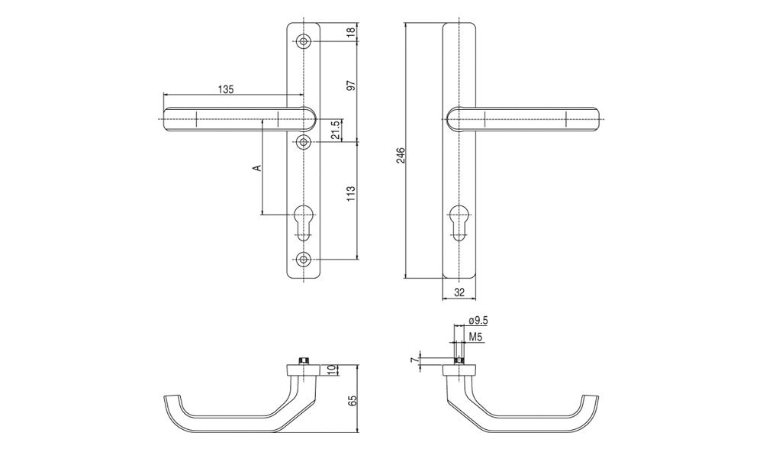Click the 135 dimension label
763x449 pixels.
(x=226, y=89)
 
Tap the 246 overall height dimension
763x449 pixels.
(x=401, y=155)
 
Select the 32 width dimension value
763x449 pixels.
(x=459, y=292)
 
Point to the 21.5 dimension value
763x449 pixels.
(x=335, y=130)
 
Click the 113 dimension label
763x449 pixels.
(x=353, y=194)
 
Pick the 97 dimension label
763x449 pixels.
(x=353, y=85)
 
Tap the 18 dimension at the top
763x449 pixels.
(x=353, y=33)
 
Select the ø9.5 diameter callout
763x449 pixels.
(x=478, y=321)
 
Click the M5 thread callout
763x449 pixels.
(x=475, y=337)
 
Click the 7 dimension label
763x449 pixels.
(x=414, y=360)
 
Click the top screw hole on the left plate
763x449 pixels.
(x=304, y=42)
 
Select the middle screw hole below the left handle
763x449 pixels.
(x=304, y=142)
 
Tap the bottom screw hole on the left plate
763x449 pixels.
(x=304, y=258)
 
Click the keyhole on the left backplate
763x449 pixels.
(x=304, y=222)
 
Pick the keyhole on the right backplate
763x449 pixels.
(x=459, y=222)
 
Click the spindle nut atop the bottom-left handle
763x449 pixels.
(x=304, y=361)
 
